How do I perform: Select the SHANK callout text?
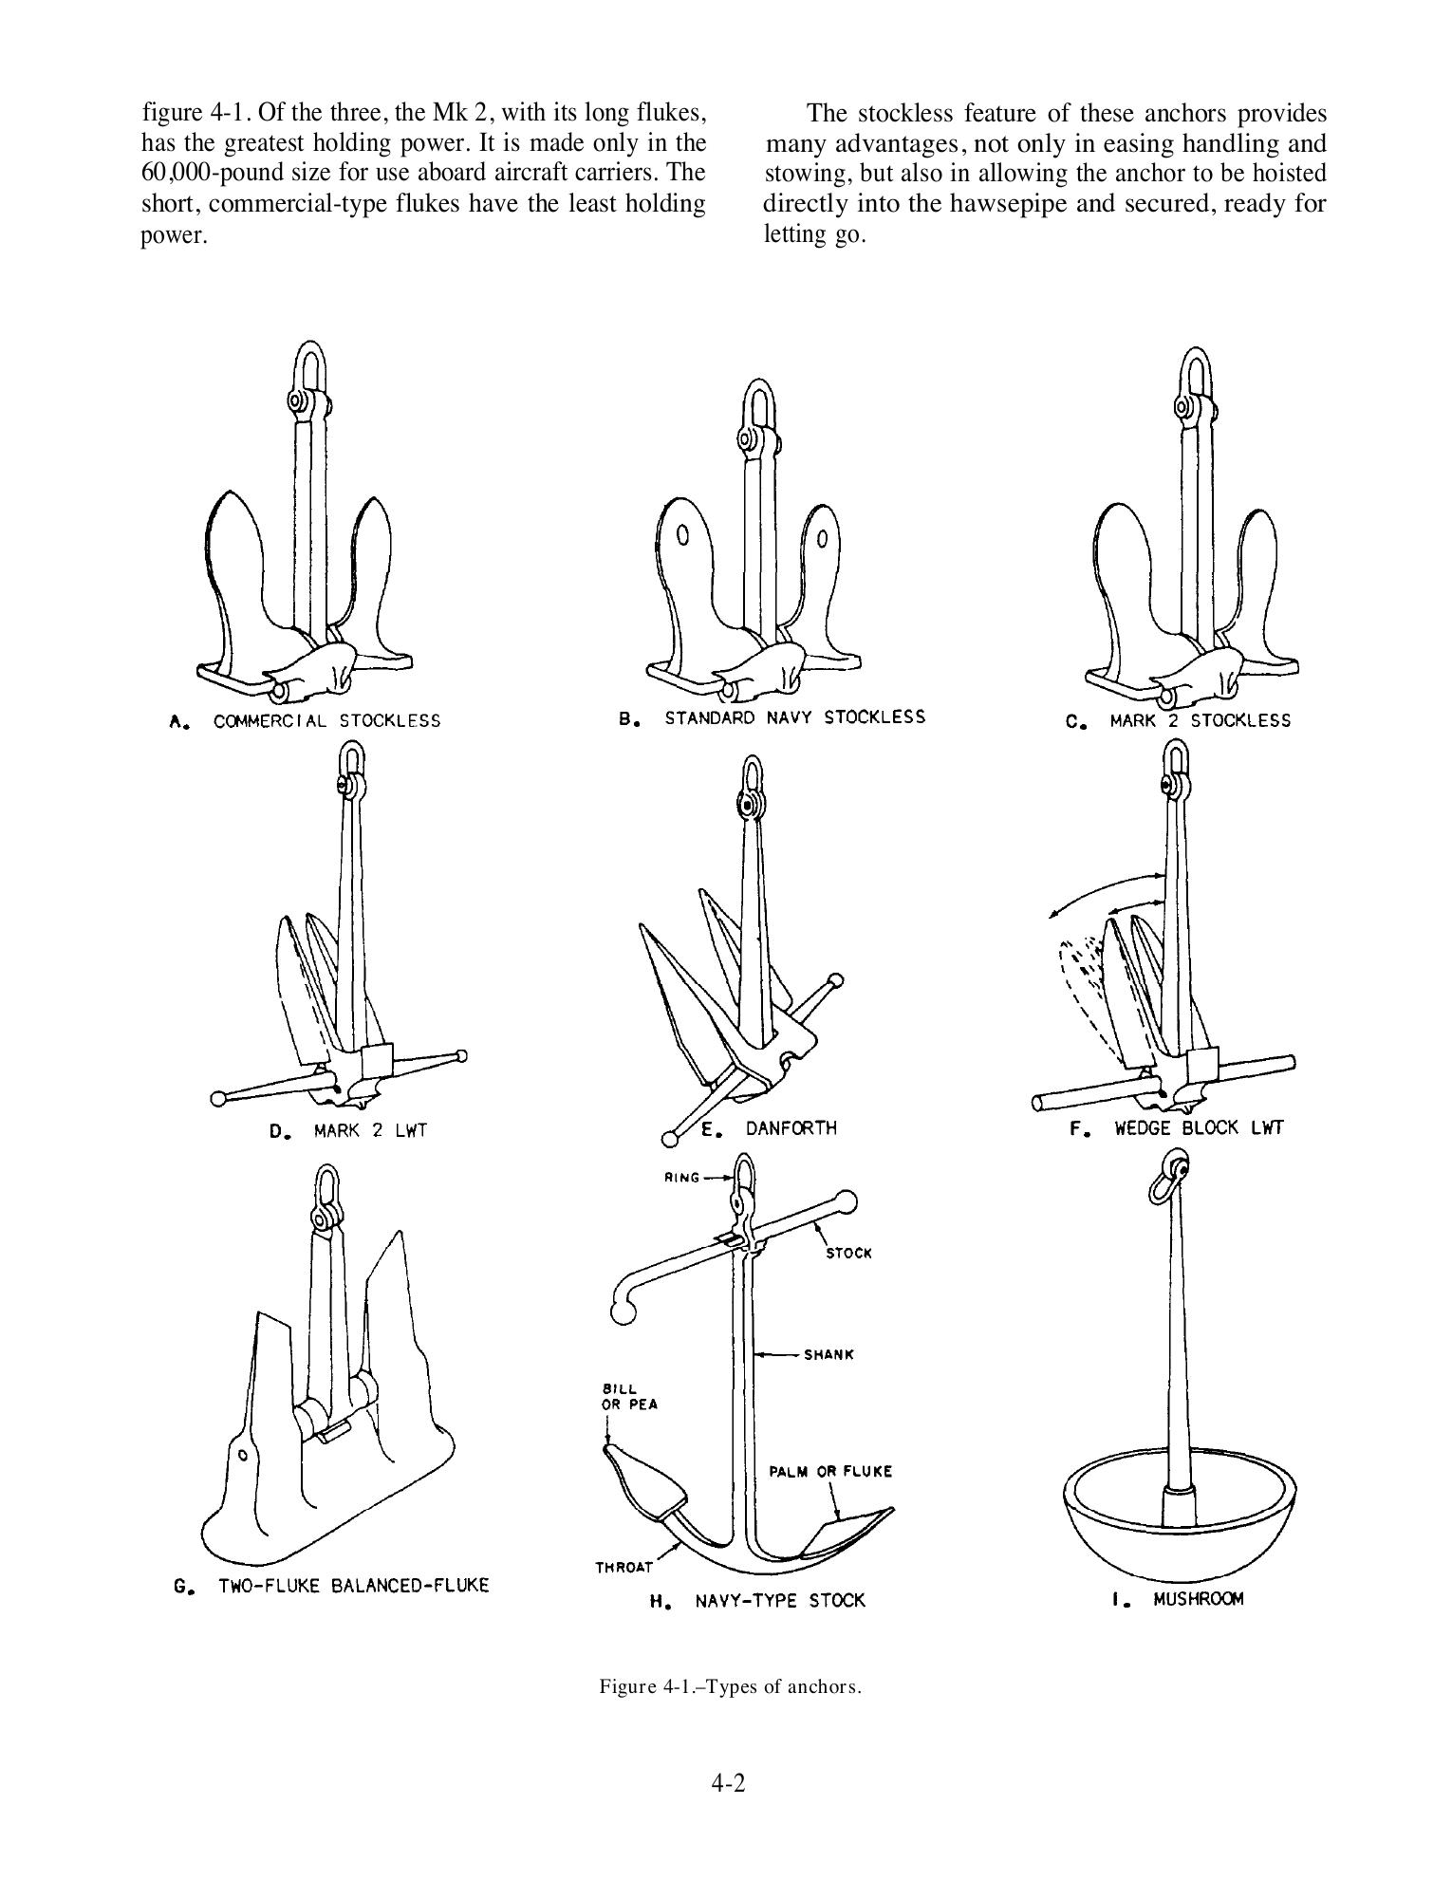(828, 1354)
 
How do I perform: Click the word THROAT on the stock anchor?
(624, 1567)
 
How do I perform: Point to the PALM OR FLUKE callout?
(830, 1472)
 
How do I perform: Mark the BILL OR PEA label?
(625, 1396)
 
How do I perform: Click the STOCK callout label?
(848, 1253)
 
